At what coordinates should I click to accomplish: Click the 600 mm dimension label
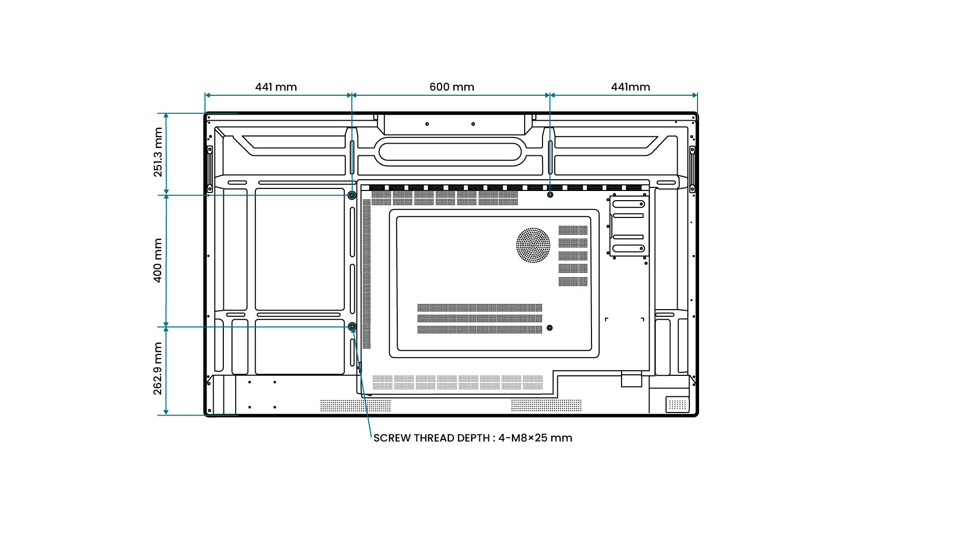(x=452, y=87)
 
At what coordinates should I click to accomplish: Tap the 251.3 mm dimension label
(x=158, y=152)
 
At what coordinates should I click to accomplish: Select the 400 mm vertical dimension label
(x=158, y=260)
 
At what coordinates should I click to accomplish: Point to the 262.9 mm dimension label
(x=158, y=368)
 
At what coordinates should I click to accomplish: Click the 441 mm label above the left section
(x=276, y=87)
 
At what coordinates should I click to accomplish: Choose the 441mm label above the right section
(x=630, y=87)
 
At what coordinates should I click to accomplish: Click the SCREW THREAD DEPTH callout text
(x=473, y=438)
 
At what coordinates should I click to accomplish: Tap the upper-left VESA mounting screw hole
(x=352, y=195)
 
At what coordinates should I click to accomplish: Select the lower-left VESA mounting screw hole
(x=352, y=326)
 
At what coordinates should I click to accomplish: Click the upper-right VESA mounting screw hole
(x=550, y=195)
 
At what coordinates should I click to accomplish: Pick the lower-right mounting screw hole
(x=549, y=328)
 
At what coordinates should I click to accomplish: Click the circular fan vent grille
(x=533, y=245)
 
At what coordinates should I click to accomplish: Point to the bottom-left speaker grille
(x=355, y=405)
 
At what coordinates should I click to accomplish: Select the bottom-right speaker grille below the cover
(x=546, y=405)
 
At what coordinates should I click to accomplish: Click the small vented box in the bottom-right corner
(x=677, y=404)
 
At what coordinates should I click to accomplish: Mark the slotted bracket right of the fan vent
(x=629, y=226)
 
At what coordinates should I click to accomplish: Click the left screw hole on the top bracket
(x=427, y=124)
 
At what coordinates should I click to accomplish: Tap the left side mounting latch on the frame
(x=210, y=169)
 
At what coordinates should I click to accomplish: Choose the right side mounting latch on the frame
(x=692, y=169)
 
